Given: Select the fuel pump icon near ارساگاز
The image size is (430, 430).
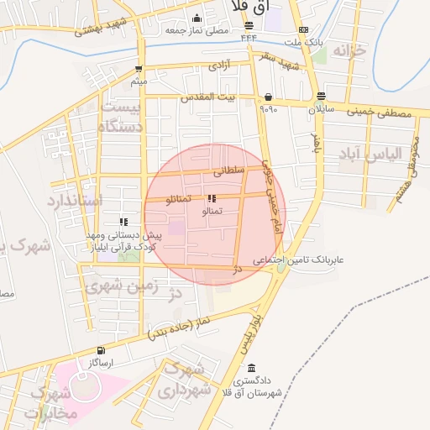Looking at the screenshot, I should coord(102,350).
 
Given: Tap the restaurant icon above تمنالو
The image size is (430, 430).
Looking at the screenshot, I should coord(210,199).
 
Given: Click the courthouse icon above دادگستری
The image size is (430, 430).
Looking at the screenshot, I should coord(252,368).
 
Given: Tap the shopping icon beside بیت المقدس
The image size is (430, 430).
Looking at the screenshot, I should coord(267,97).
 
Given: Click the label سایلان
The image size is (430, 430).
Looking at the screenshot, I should coord(321,109).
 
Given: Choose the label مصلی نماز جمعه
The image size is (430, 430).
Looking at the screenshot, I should coord(197,30).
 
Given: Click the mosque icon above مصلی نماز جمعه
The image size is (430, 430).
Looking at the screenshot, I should coord(197,18).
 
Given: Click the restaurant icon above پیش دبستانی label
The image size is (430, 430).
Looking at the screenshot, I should coord(123,222).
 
